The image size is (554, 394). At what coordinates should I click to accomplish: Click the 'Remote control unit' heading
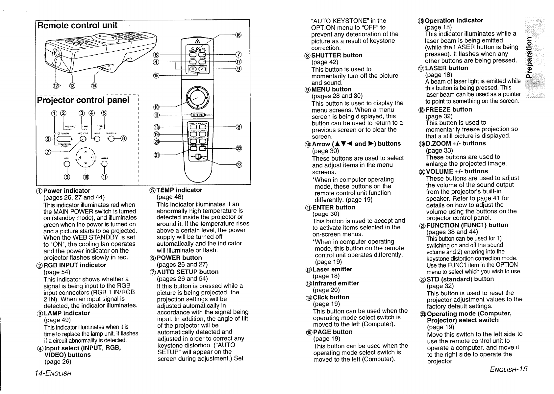tap(77, 25)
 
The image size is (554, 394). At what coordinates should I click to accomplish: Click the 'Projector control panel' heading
tap(83, 100)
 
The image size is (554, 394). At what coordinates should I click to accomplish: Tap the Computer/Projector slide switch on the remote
tap(198, 157)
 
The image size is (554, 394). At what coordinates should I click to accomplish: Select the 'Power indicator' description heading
tap(67, 191)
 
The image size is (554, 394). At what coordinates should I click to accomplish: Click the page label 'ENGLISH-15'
tap(509, 369)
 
